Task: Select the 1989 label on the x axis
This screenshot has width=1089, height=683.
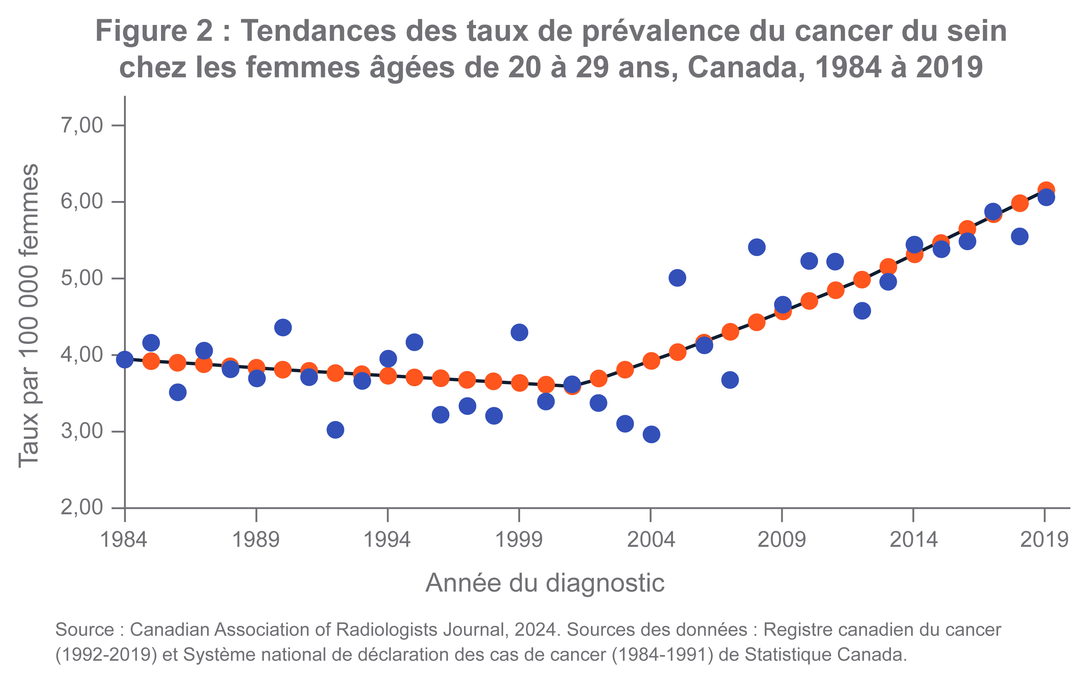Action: click(256, 539)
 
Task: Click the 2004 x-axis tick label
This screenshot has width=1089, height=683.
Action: click(650, 539)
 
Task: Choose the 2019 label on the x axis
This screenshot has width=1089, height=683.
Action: click(1044, 539)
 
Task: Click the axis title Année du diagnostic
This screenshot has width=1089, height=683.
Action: click(545, 583)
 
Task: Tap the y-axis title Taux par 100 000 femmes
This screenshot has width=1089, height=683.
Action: click(28, 316)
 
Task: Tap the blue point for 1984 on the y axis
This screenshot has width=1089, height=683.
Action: click(125, 359)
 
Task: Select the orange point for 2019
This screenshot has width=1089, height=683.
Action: click(1046, 189)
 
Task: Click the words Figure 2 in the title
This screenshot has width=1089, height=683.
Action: click(154, 31)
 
